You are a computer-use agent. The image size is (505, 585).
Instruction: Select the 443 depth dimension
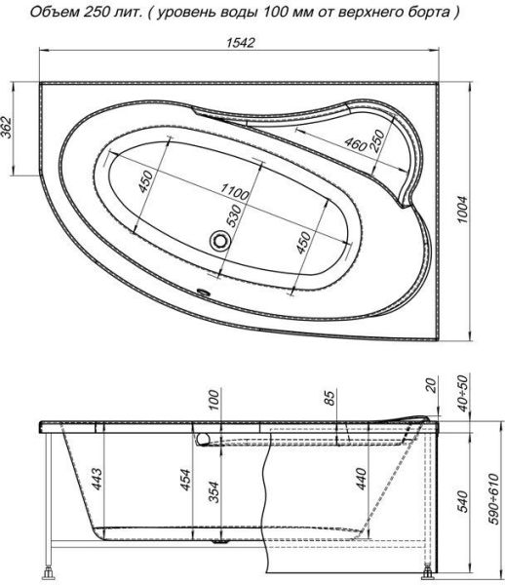pyautogui.click(x=97, y=479)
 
